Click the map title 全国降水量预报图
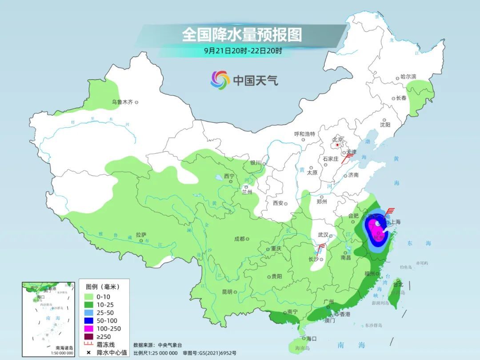click(x=241, y=34)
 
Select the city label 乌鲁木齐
click(x=122, y=102)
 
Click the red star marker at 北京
click(x=338, y=145)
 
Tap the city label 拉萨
click(x=141, y=235)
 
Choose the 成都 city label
click(x=239, y=239)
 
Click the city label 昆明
click(x=227, y=292)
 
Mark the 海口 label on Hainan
click(x=311, y=339)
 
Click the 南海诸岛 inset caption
click(x=64, y=348)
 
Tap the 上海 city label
click(x=395, y=222)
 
